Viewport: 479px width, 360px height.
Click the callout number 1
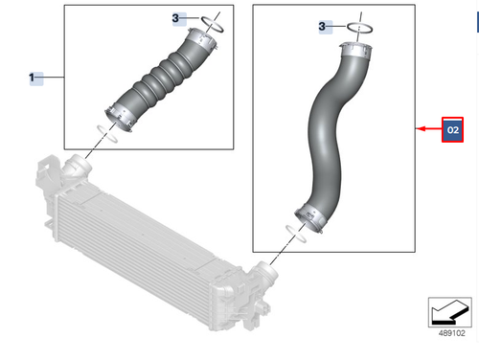coord(32,78)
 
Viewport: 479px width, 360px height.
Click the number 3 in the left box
coord(175,18)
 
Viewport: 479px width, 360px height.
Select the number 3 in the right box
coord(322,26)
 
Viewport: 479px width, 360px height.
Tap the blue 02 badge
coord(452,129)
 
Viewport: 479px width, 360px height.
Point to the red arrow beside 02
coord(429,129)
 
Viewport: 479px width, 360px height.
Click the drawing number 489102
coord(451,333)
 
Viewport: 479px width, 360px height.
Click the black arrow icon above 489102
coord(450,312)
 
